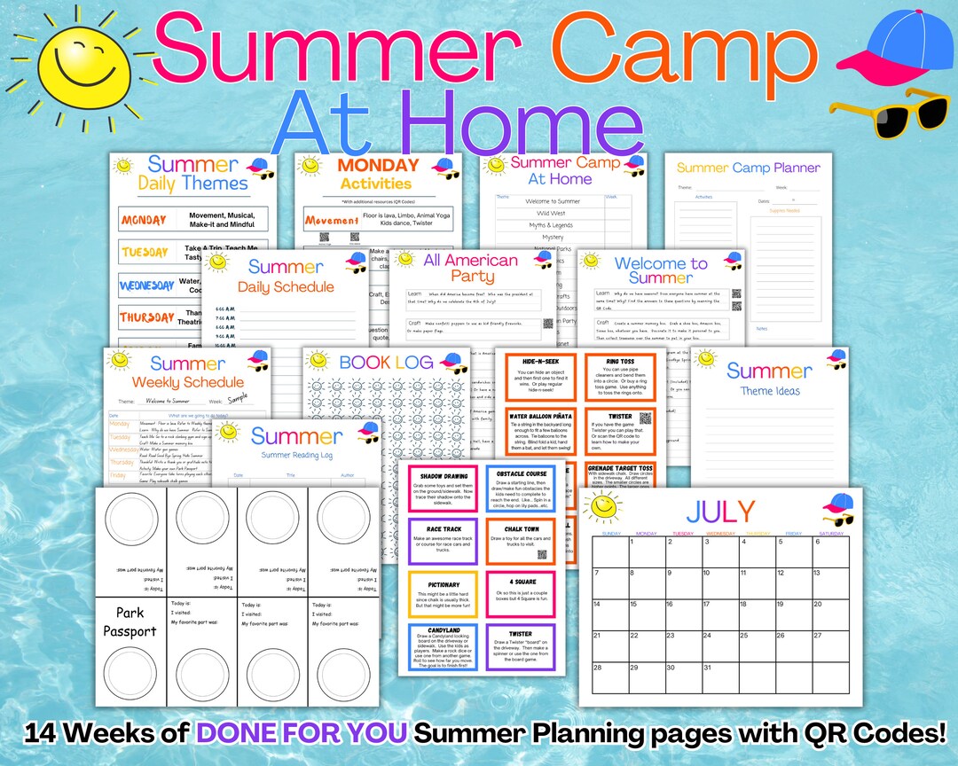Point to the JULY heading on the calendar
pyautogui.click(x=720, y=512)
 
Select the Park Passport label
pyautogui.click(x=130, y=621)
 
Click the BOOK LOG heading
pyautogui.click(x=386, y=362)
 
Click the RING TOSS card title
pyautogui.click(x=620, y=362)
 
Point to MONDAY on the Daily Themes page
pyautogui.click(x=144, y=219)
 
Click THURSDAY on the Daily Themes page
pyautogui.click(x=147, y=317)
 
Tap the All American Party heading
pyautogui.click(x=471, y=268)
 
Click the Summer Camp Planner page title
pyautogui.click(x=748, y=167)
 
